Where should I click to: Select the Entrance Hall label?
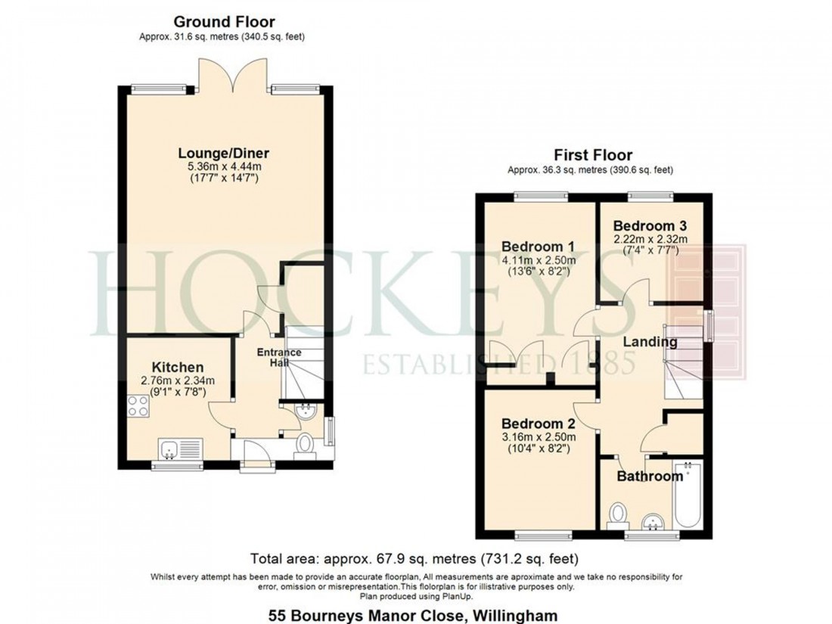pos(279,357)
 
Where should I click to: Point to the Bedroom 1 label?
pos(538,246)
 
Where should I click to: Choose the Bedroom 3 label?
pos(650,225)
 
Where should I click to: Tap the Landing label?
pos(650,342)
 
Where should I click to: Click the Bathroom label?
pos(650,477)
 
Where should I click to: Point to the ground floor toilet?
pos(306,444)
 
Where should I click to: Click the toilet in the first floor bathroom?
pos(618,514)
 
